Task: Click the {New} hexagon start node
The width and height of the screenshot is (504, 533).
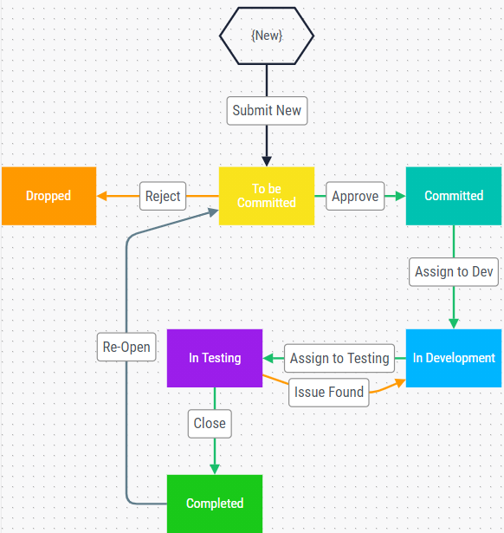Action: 267,36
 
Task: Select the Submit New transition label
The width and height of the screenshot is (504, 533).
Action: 267,111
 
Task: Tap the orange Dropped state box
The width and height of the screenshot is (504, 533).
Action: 48,196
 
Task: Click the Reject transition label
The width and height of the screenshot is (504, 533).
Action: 163,196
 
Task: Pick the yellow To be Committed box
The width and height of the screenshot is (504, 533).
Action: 267,196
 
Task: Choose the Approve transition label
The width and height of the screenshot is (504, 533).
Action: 355,196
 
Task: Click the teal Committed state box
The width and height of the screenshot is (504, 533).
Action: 454,196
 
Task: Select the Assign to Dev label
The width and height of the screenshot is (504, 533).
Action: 454,272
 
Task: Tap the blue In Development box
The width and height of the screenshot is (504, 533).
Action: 454,358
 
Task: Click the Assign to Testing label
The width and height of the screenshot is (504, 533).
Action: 339,358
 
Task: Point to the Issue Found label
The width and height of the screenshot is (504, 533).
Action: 329,393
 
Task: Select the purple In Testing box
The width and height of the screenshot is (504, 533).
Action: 215,358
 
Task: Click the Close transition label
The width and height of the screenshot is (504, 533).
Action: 210,424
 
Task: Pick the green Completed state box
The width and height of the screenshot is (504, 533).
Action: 215,504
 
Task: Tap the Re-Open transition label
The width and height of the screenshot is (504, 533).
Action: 126,347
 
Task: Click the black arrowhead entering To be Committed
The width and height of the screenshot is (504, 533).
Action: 267,161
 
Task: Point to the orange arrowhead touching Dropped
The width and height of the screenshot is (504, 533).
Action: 101,196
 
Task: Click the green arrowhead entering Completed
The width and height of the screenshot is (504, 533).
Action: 215,470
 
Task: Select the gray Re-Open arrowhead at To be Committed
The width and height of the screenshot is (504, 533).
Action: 214,212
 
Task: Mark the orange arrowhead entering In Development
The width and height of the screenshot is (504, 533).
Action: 400,383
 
